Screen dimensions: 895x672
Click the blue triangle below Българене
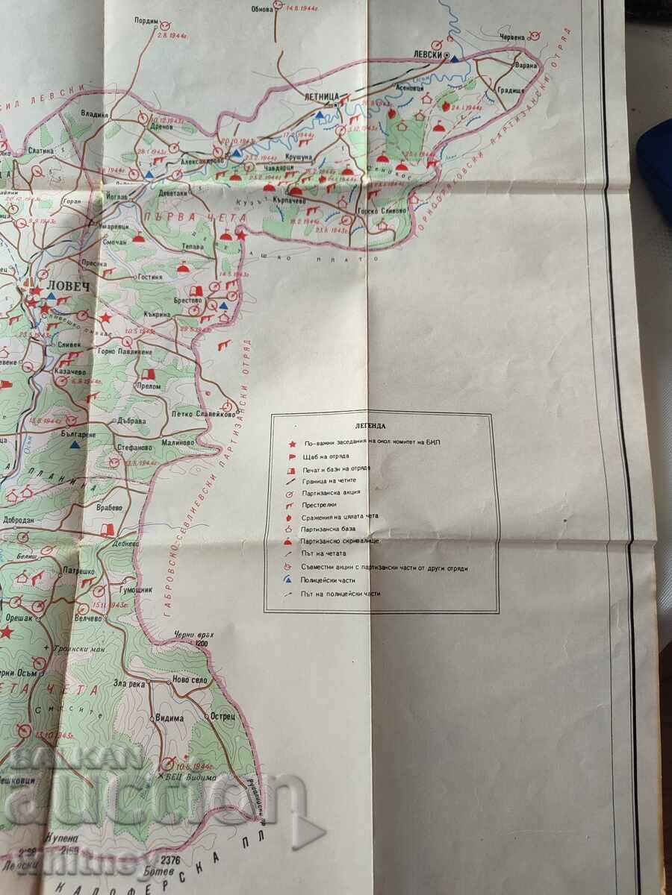click(x=75, y=445)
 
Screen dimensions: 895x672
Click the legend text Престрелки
click(x=320, y=504)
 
